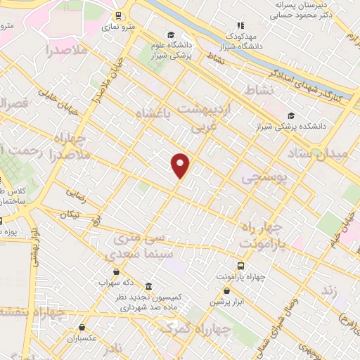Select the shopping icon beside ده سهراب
coord(115,271)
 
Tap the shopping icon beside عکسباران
coord(83,326)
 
